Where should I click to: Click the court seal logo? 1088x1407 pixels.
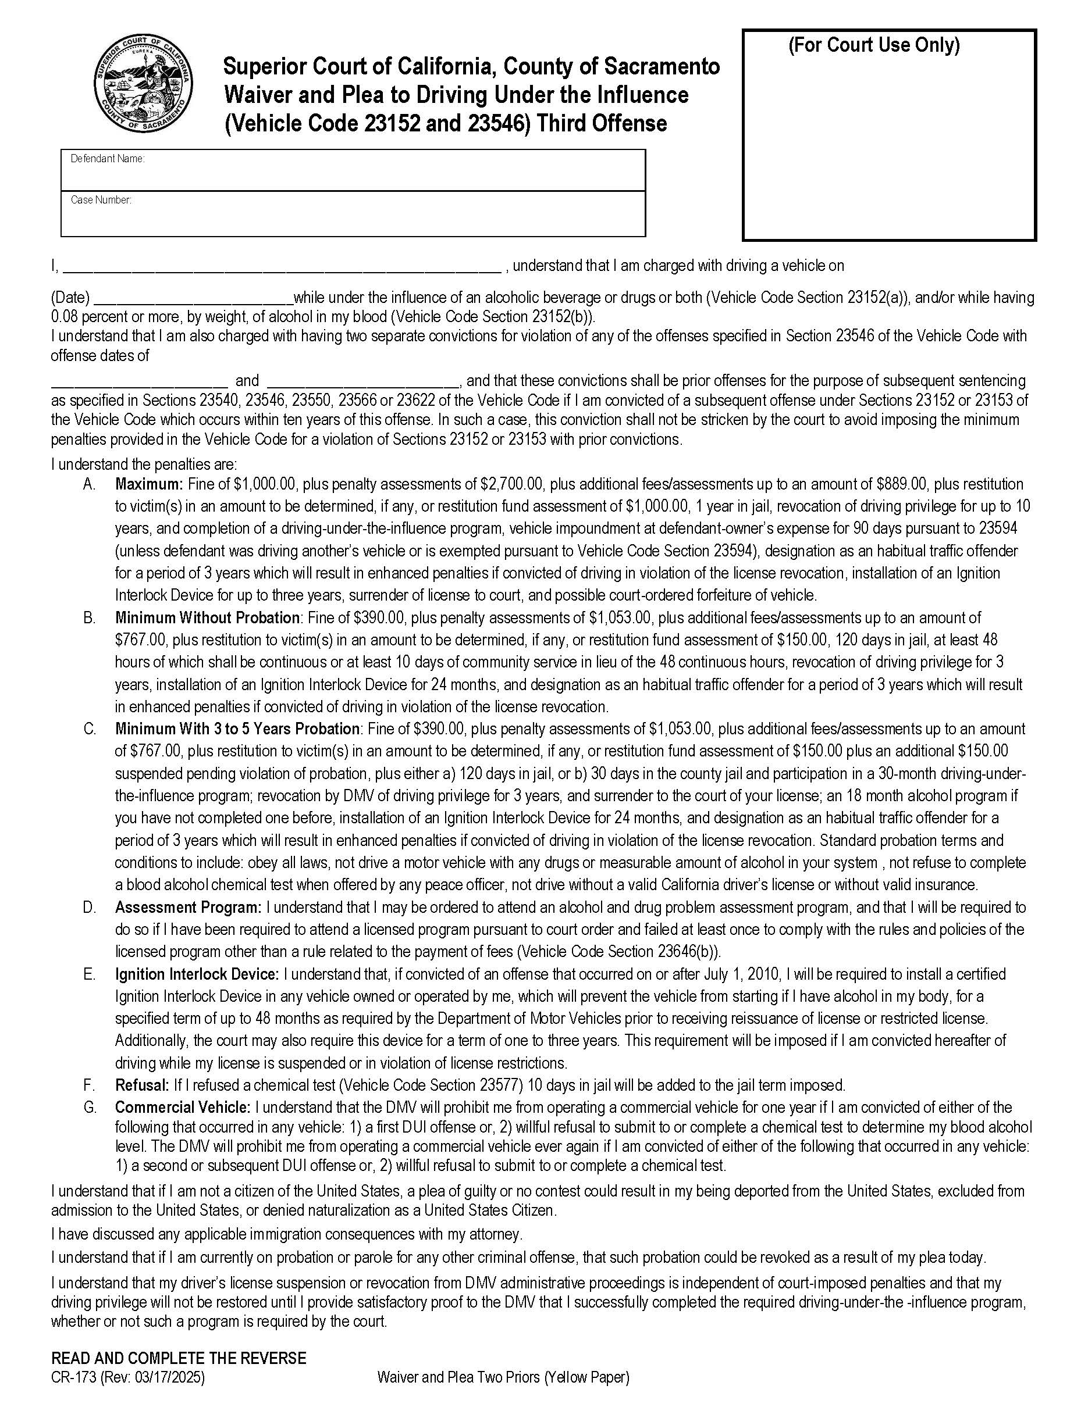click(x=143, y=84)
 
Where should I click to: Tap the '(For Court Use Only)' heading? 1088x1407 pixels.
click(x=873, y=45)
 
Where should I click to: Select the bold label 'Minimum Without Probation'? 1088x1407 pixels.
click(x=208, y=618)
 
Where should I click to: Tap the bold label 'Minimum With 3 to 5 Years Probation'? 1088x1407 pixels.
click(x=237, y=729)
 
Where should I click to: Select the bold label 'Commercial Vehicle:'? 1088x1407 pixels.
click(x=183, y=1108)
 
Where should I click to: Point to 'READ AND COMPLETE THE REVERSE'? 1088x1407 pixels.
click(x=179, y=1358)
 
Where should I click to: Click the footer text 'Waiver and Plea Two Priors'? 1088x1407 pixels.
click(x=459, y=1377)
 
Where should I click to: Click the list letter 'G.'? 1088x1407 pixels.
click(x=90, y=1108)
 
